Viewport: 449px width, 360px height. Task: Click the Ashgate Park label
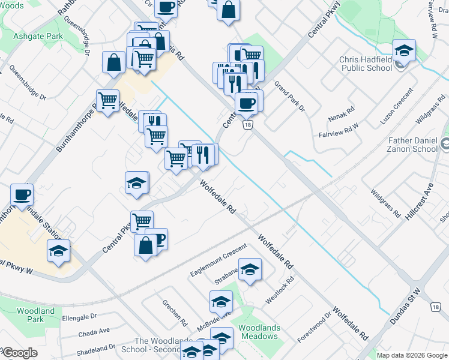pos(38,37)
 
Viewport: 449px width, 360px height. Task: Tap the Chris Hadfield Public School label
pos(366,64)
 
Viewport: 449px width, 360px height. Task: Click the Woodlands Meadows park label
pos(258,332)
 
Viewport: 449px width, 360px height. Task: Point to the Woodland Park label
pos(35,315)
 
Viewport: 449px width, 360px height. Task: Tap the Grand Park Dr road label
pos(290,97)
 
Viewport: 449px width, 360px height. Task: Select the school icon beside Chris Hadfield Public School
pos(404,52)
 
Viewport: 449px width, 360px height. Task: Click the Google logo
pos(19,353)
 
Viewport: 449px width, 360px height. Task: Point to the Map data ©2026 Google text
pos(411,355)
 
